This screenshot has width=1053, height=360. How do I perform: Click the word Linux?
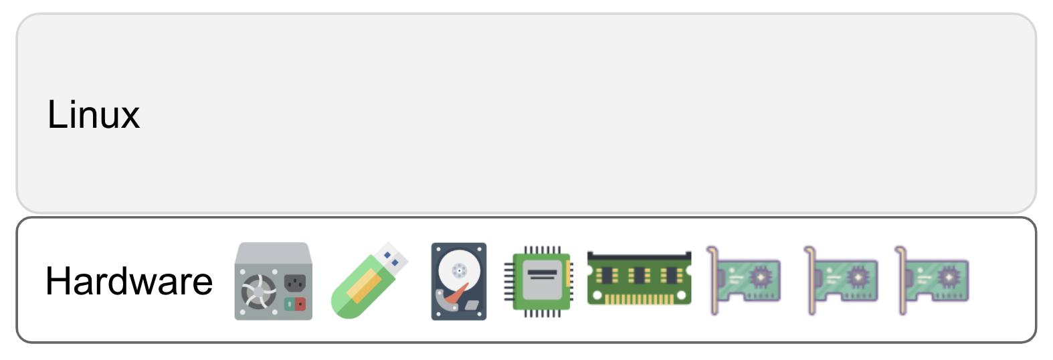tap(93, 114)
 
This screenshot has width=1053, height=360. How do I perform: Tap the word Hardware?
tap(129, 281)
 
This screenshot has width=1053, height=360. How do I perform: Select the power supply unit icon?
tap(273, 281)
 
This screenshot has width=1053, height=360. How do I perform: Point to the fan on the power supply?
tap(258, 292)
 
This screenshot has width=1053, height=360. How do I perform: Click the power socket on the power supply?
tap(295, 282)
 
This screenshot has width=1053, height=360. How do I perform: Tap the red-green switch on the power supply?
tap(295, 304)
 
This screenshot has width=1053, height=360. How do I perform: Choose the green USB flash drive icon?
tap(369, 280)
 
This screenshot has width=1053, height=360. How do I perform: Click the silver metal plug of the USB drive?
tap(393, 258)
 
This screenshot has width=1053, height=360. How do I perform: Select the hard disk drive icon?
tap(458, 281)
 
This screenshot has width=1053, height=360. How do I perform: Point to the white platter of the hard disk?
tap(458, 271)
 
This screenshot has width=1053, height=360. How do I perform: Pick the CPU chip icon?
tap(539, 281)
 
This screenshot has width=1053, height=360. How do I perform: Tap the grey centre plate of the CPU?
tap(541, 280)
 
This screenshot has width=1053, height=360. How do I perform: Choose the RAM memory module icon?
tap(639, 278)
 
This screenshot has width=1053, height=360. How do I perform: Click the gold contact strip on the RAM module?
tap(639, 299)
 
